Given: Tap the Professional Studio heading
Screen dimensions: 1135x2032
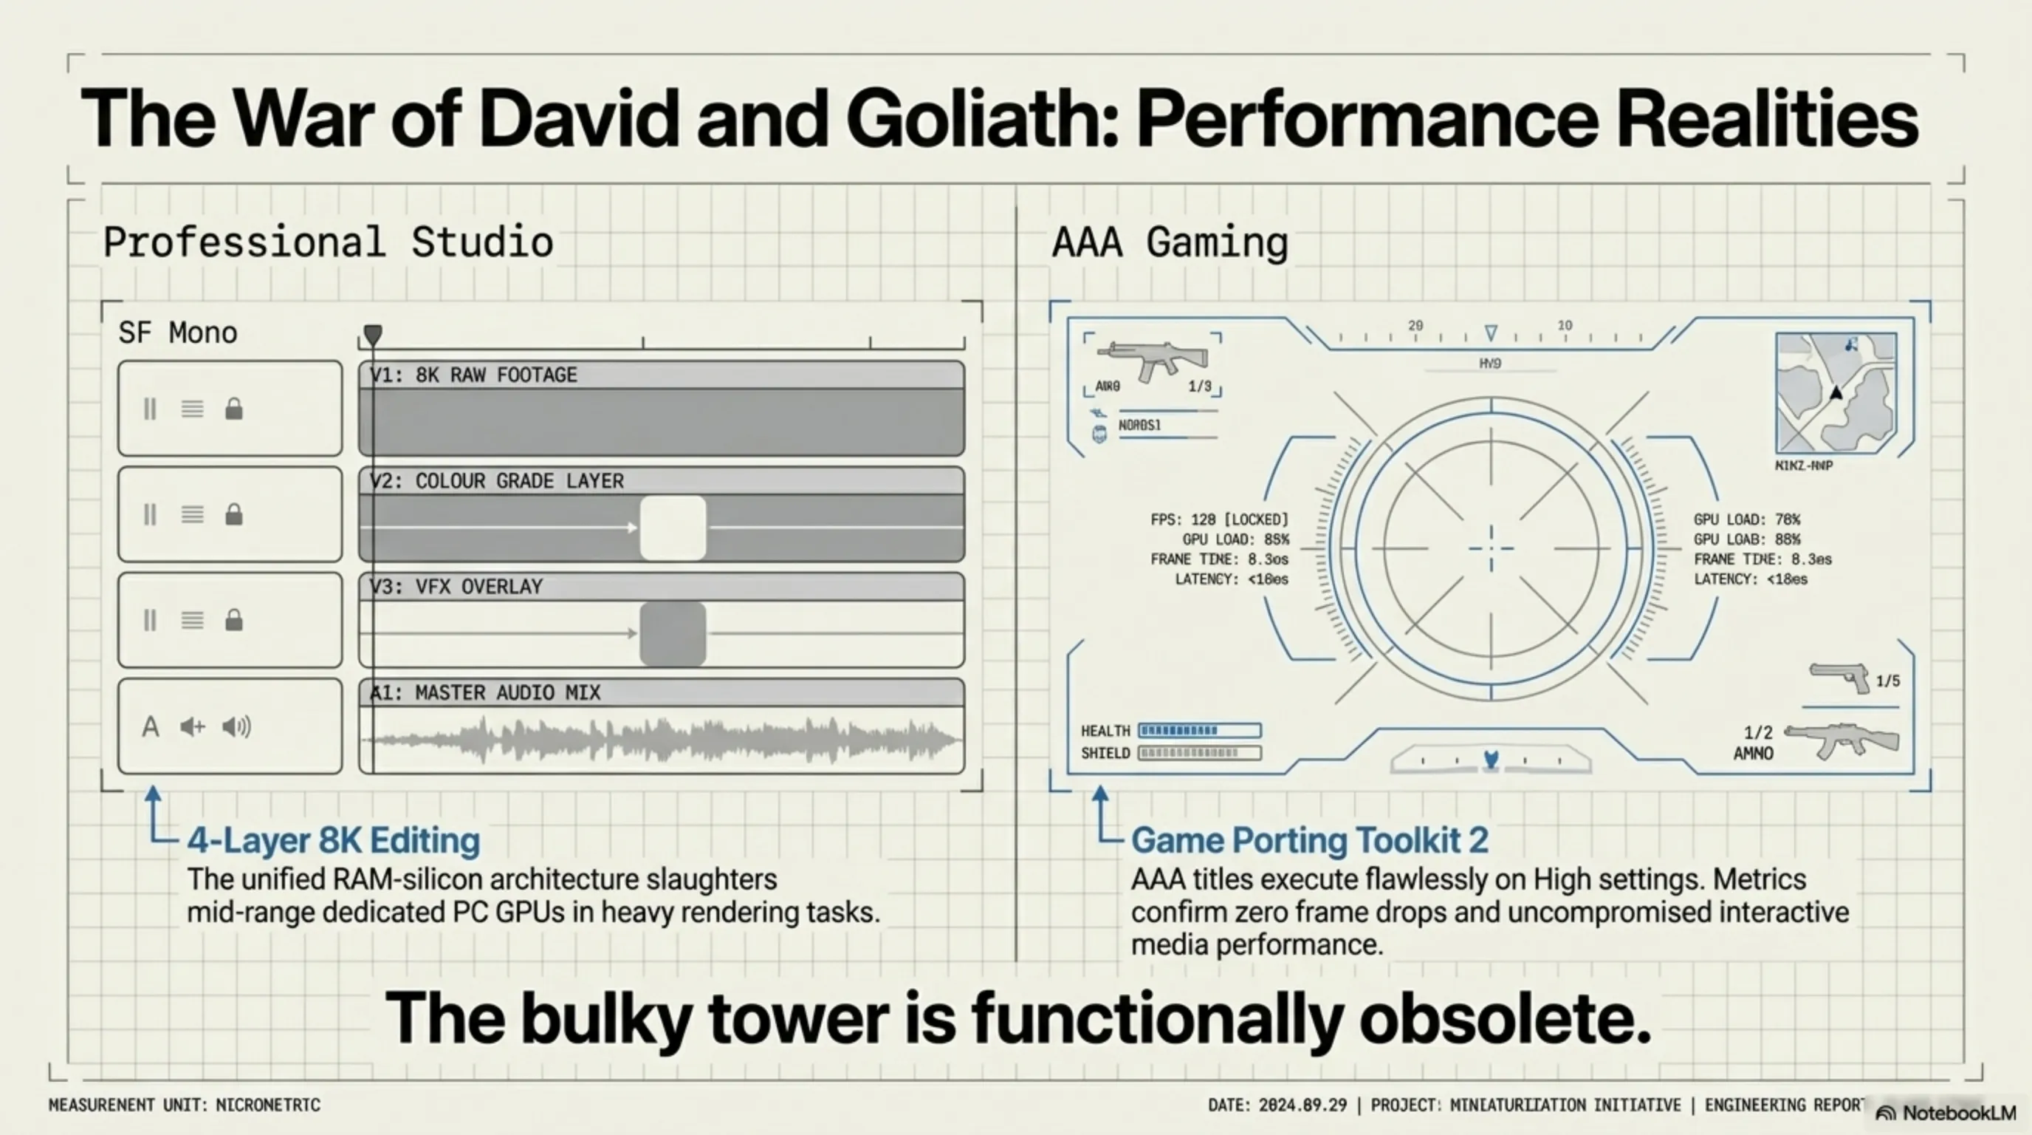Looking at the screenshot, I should click(x=327, y=242).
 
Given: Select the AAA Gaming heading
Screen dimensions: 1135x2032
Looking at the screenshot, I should click(x=1170, y=242).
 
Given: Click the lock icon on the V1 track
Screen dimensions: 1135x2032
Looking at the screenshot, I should click(x=233, y=409).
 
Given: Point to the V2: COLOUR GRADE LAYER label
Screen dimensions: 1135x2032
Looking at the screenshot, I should click(x=497, y=481).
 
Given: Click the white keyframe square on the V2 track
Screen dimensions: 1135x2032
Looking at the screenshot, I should click(x=672, y=528).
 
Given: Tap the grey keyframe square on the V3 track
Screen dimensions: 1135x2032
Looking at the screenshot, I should click(x=672, y=633).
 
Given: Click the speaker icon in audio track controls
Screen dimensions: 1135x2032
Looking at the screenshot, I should click(x=236, y=726).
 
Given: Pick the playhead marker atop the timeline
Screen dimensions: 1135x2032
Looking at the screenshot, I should click(x=373, y=335).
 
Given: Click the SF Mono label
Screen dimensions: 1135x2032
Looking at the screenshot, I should click(x=177, y=333).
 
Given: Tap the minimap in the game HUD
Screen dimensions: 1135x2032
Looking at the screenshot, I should click(x=1836, y=392).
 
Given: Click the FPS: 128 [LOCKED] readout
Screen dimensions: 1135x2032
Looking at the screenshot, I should click(x=1219, y=519).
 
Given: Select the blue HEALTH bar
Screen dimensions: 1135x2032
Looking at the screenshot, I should click(x=1199, y=730).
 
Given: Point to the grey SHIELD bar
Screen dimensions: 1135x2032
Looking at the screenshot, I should click(x=1199, y=753).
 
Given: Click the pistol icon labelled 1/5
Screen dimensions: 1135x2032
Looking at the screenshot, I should click(x=1839, y=677).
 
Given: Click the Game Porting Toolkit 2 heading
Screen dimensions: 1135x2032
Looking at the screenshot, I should click(x=1309, y=840).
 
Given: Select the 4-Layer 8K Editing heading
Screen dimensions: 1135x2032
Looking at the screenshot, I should click(x=333, y=840).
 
